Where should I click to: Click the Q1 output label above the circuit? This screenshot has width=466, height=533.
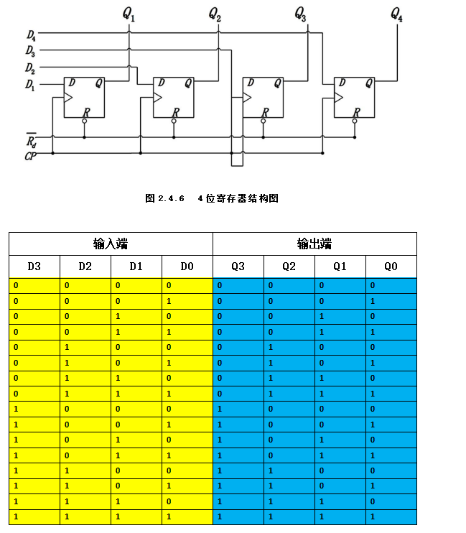129,15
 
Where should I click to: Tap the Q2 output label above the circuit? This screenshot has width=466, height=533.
215,15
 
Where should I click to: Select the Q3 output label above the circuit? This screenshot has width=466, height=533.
300,15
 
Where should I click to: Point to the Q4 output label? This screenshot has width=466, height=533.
396,15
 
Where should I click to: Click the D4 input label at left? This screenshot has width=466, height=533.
31,34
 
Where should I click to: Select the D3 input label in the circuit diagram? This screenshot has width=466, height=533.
30,51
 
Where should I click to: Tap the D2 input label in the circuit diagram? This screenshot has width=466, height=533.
30,68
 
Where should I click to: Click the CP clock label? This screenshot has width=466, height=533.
31,155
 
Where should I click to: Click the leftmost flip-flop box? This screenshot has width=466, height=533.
84,97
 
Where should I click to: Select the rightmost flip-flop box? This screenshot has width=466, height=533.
353,97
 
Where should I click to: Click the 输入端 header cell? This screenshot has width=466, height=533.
111,244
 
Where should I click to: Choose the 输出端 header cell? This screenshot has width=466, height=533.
314,244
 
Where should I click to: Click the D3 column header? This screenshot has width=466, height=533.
34,266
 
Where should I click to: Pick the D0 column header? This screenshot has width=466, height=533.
187,266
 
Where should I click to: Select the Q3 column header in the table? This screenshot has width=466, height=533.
238,266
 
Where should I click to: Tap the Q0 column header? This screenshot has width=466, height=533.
391,266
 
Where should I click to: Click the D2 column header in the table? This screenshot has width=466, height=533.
85,266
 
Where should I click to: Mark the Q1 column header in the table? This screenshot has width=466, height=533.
340,266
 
